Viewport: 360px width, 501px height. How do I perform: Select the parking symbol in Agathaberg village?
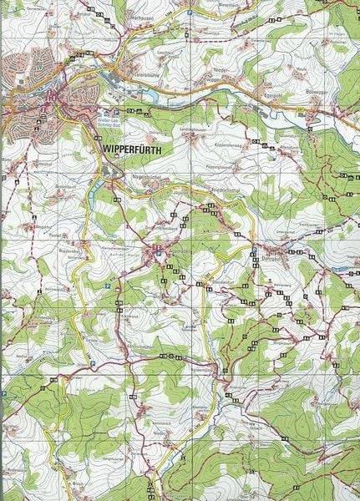pos(155,248)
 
